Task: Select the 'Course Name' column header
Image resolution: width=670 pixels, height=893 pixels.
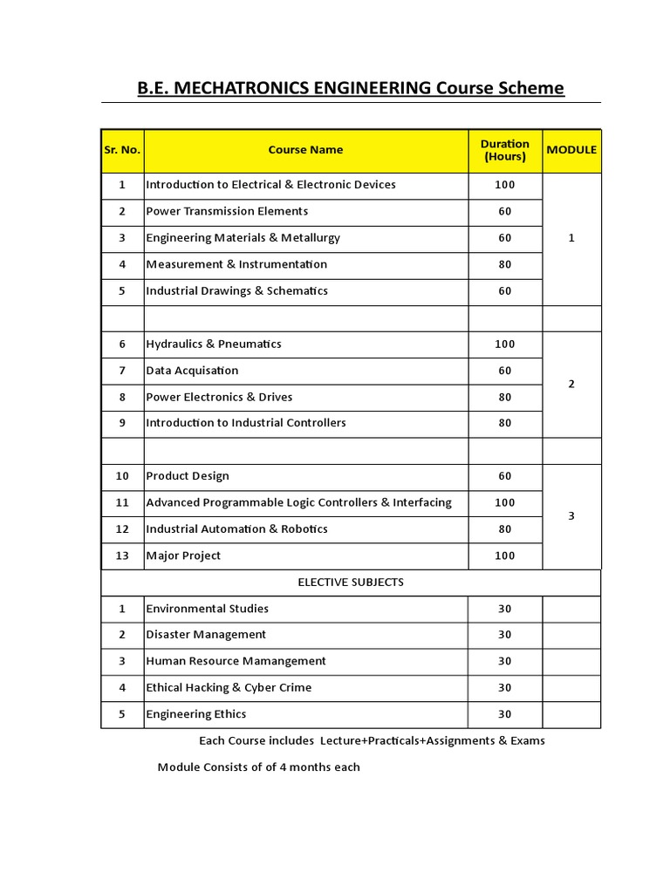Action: point(305,150)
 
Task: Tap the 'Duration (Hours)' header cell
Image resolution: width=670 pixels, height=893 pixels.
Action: point(505,150)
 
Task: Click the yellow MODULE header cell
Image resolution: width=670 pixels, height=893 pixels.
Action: point(571,150)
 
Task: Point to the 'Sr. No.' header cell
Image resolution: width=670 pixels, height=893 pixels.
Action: point(122,150)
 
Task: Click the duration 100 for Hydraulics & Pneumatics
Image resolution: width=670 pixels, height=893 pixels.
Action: point(505,344)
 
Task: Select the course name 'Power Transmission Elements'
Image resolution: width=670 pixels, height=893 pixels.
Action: point(227,211)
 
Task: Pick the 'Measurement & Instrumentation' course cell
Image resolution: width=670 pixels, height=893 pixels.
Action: point(236,264)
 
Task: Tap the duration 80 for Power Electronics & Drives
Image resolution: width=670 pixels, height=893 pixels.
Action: point(505,397)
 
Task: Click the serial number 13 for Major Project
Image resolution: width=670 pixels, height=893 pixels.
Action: point(122,556)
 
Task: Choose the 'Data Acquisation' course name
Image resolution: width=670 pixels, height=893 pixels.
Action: point(192,371)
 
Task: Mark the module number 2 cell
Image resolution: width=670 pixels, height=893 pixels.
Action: point(571,384)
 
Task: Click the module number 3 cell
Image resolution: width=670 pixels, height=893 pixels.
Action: point(571,516)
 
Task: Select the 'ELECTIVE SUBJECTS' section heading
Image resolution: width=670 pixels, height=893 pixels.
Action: point(351,582)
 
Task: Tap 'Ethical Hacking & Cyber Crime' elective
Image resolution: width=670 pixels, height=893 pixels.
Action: point(229,687)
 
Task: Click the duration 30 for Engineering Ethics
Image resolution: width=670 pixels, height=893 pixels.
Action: point(505,714)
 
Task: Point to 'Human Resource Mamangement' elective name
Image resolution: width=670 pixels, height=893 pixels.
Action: point(236,661)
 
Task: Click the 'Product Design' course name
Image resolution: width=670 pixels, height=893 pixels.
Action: point(188,476)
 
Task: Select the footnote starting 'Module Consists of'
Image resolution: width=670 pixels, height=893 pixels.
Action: point(258,767)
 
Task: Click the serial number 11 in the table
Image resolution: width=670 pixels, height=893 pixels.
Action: point(122,502)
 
